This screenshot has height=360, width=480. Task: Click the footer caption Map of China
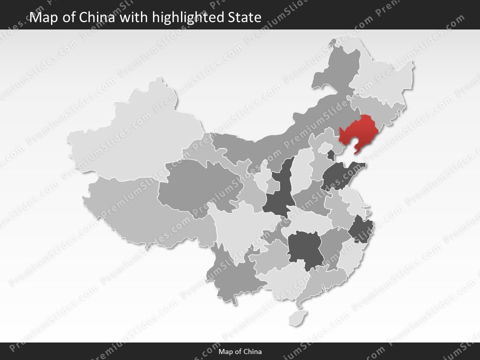tap(240, 351)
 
